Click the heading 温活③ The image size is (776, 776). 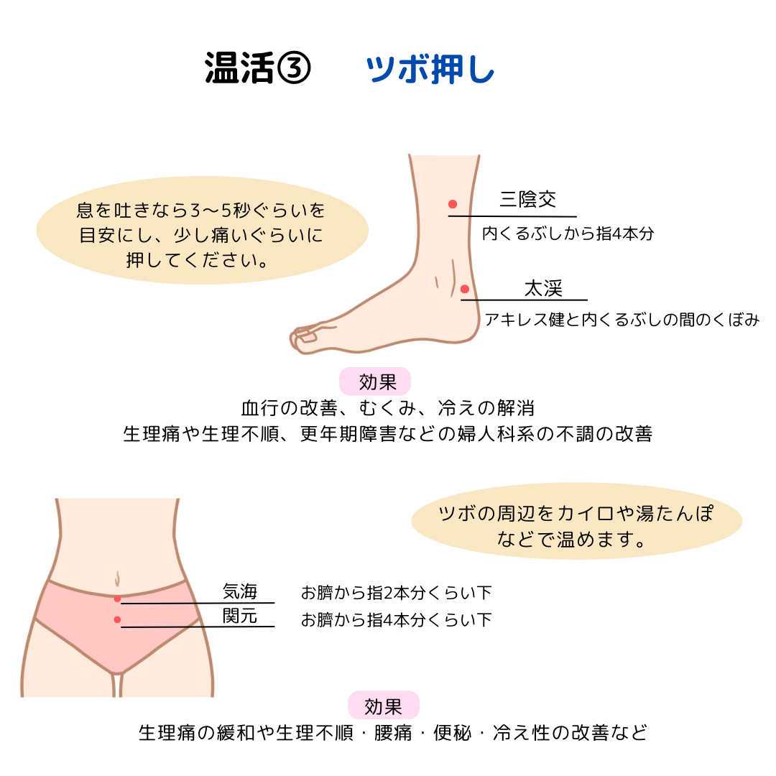[257, 70]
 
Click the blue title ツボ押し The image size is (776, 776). [430, 70]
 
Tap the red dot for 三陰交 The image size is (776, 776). [453, 204]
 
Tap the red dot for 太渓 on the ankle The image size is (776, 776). [465, 289]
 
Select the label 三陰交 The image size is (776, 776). [528, 199]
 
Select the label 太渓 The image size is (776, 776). [543, 289]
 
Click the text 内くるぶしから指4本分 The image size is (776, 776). [568, 234]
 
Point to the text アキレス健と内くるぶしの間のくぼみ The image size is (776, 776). [622, 320]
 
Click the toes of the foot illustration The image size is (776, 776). [305, 338]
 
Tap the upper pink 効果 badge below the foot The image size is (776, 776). [375, 382]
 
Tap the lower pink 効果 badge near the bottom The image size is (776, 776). [383, 706]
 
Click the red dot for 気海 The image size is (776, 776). [117, 598]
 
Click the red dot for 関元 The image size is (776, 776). [117, 619]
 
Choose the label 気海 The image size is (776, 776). [240, 592]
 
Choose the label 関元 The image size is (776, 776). [240, 616]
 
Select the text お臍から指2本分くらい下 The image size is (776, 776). [396, 593]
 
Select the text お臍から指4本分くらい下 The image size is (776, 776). [396, 619]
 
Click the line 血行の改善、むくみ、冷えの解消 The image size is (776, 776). [388, 408]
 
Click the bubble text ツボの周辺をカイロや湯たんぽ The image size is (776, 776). [576, 514]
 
